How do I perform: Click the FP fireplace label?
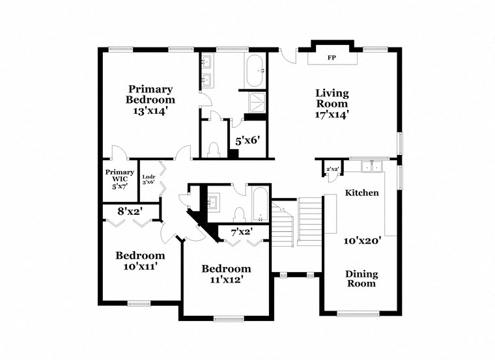pyautogui.click(x=332, y=58)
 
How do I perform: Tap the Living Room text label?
pyautogui.click(x=332, y=98)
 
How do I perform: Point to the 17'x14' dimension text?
pyautogui.click(x=332, y=114)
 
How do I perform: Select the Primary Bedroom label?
pyautogui.click(x=150, y=94)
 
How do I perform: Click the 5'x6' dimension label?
pyautogui.click(x=247, y=141)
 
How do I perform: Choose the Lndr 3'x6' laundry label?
pyautogui.click(x=148, y=179)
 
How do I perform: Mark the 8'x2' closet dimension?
pyautogui.click(x=130, y=211)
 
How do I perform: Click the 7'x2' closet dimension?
pyautogui.click(x=241, y=231)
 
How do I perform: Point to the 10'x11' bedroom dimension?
pyautogui.click(x=140, y=266)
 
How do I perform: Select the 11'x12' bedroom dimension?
pyautogui.click(x=226, y=280)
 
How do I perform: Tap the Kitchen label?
pyautogui.click(x=361, y=193)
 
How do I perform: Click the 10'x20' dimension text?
pyautogui.click(x=362, y=240)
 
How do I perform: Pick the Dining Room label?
pyautogui.click(x=361, y=279)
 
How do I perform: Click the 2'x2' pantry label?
pyautogui.click(x=332, y=169)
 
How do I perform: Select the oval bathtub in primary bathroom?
pyautogui.click(x=254, y=70)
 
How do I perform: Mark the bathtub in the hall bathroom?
pyautogui.click(x=259, y=205)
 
